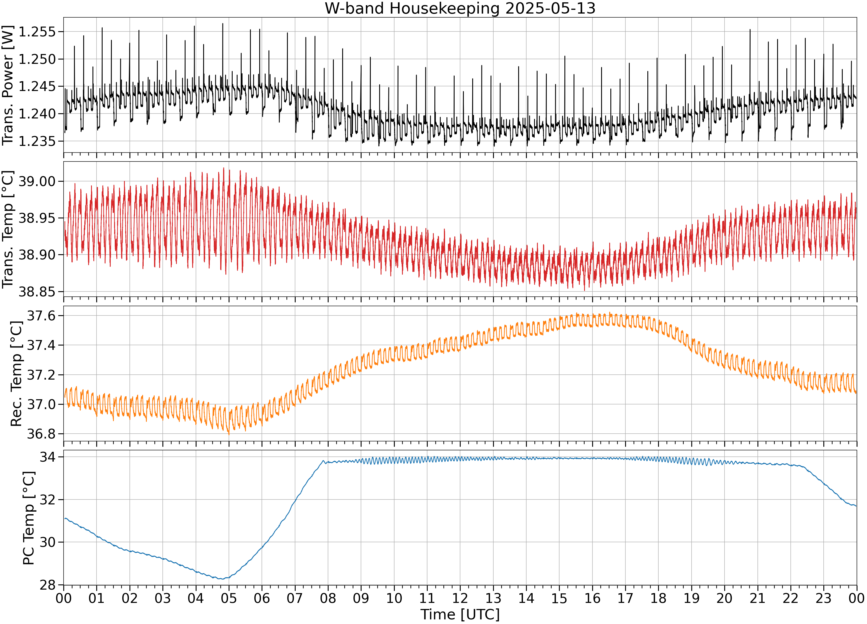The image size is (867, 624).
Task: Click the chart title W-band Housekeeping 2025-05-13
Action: click(x=460, y=8)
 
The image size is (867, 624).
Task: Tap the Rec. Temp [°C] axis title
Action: click(x=16, y=373)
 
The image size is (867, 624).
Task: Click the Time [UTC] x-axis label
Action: click(x=460, y=614)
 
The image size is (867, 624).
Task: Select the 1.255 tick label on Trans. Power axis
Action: click(x=37, y=32)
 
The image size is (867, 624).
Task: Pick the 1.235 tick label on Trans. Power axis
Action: click(x=37, y=141)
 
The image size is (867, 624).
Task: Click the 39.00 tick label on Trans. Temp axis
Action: click(x=37, y=181)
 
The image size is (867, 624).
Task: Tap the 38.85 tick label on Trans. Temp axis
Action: click(x=37, y=292)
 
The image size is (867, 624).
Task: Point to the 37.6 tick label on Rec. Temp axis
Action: click(x=41, y=316)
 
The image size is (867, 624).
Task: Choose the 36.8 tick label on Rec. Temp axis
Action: click(x=41, y=434)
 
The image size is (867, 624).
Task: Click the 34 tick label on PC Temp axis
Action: click(x=48, y=457)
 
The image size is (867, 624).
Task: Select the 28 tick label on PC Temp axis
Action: click(x=48, y=585)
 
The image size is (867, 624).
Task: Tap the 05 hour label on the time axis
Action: click(x=229, y=598)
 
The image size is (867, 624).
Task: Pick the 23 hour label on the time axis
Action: click(x=823, y=598)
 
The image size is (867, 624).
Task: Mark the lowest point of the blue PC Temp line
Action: click(x=222, y=579)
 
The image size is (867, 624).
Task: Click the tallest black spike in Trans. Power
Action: click(x=223, y=24)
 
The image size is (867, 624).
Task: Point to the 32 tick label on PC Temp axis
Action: click(x=48, y=500)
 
